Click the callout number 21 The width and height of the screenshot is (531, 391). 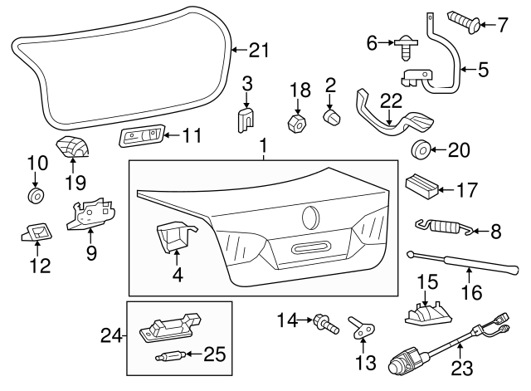(260, 51)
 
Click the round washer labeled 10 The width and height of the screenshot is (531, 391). (35, 196)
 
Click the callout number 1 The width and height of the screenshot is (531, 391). (264, 148)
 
